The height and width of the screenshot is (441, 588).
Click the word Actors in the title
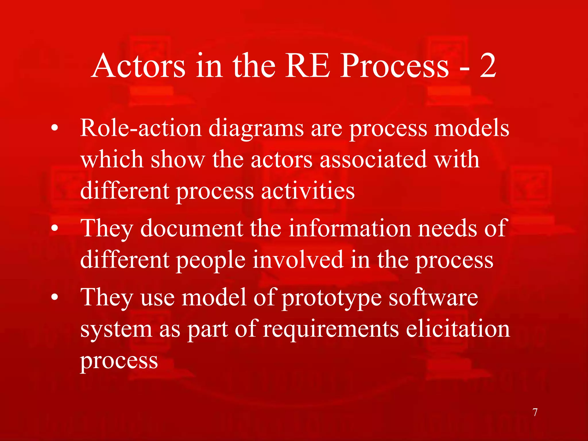tap(138, 66)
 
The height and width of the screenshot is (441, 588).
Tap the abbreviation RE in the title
tap(307, 66)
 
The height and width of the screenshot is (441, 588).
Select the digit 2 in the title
tap(488, 66)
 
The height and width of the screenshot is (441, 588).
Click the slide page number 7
tap(535, 412)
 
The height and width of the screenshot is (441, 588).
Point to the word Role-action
tap(141, 128)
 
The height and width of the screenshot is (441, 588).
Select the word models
tap(472, 128)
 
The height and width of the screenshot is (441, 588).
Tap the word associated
tap(373, 160)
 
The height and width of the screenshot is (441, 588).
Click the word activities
tap(308, 191)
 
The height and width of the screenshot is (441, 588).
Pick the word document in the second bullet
tap(192, 228)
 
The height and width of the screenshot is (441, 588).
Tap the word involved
tap(298, 260)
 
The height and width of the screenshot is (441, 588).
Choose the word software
tap(433, 297)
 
